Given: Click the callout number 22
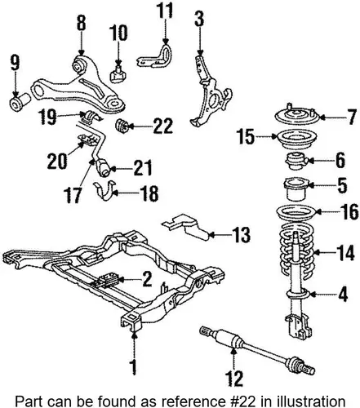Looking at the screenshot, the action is tap(163, 126).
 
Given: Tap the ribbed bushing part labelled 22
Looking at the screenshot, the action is tap(122, 126).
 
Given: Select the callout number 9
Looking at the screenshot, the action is tap(16, 64).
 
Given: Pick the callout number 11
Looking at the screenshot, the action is tap(165, 11).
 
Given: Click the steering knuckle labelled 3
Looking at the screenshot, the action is tap(210, 92).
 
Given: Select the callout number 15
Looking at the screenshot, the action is tap(246, 136).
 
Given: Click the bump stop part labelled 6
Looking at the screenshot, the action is tap(296, 162).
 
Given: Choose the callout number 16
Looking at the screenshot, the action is tap(349, 212).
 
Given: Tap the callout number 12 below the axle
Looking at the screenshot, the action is tap(234, 378).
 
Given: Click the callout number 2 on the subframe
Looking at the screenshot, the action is tap(147, 279).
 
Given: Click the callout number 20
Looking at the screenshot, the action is tap(57, 161).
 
